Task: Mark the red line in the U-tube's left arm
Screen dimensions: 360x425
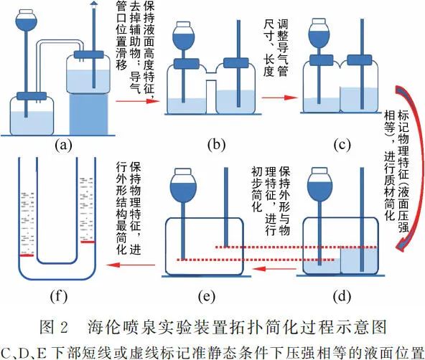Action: point(27,254)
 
